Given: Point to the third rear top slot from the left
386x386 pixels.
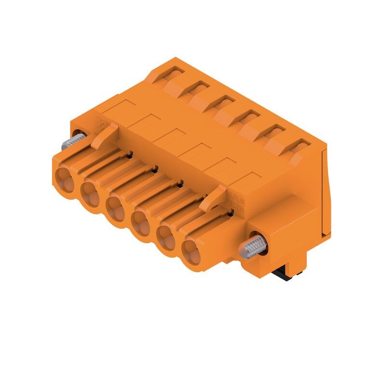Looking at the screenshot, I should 222,102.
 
